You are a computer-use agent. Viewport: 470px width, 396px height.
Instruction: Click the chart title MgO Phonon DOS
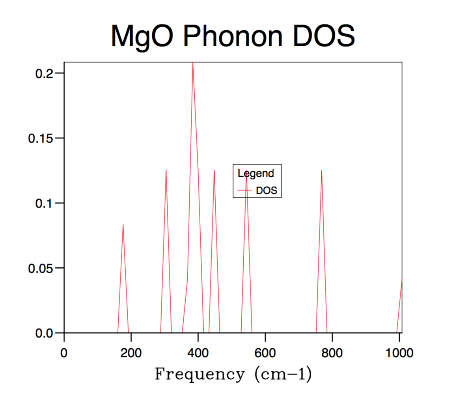pos(233,36)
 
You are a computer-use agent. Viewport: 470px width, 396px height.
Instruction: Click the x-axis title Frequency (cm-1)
pos(233,374)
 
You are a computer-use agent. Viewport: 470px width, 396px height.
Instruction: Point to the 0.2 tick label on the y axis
pos(43,73)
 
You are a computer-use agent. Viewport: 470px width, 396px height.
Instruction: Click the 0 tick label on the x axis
pos(64,353)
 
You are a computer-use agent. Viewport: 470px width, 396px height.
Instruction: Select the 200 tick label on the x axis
pos(131,353)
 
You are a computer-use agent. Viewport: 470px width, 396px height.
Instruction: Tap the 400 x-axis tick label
pos(198,353)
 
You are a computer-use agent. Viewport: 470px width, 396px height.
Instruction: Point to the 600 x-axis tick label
pos(265,353)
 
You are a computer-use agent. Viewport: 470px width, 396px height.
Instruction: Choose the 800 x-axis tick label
pos(332,353)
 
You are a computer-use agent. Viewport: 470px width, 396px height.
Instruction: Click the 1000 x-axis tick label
pos(399,353)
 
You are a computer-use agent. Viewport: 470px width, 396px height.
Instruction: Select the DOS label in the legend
pos(267,190)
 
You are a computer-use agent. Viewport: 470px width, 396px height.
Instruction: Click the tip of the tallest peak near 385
pos(193,63)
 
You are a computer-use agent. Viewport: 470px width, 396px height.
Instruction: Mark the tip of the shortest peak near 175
pos(123,225)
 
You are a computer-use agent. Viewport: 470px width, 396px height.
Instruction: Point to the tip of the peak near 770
pos(322,171)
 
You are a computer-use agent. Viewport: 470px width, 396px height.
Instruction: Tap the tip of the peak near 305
pos(166,171)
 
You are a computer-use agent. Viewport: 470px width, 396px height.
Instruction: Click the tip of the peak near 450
pos(214,171)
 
